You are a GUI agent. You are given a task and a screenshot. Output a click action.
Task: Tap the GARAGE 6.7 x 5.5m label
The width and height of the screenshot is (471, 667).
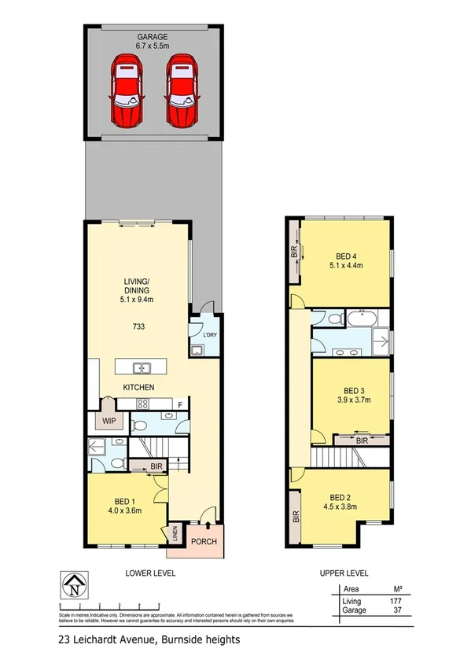153,41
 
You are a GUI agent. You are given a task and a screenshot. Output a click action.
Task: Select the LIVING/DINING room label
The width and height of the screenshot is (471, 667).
138,289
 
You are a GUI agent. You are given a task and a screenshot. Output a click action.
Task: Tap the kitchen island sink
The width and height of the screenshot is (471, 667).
142,367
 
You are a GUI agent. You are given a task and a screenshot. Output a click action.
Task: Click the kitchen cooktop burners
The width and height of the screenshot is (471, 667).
144,404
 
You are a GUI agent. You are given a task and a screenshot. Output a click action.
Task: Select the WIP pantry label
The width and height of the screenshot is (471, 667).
108,420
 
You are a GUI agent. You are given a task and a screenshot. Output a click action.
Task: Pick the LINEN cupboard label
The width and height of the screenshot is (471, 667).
177,537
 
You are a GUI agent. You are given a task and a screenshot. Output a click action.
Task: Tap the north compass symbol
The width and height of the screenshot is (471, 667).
75,585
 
